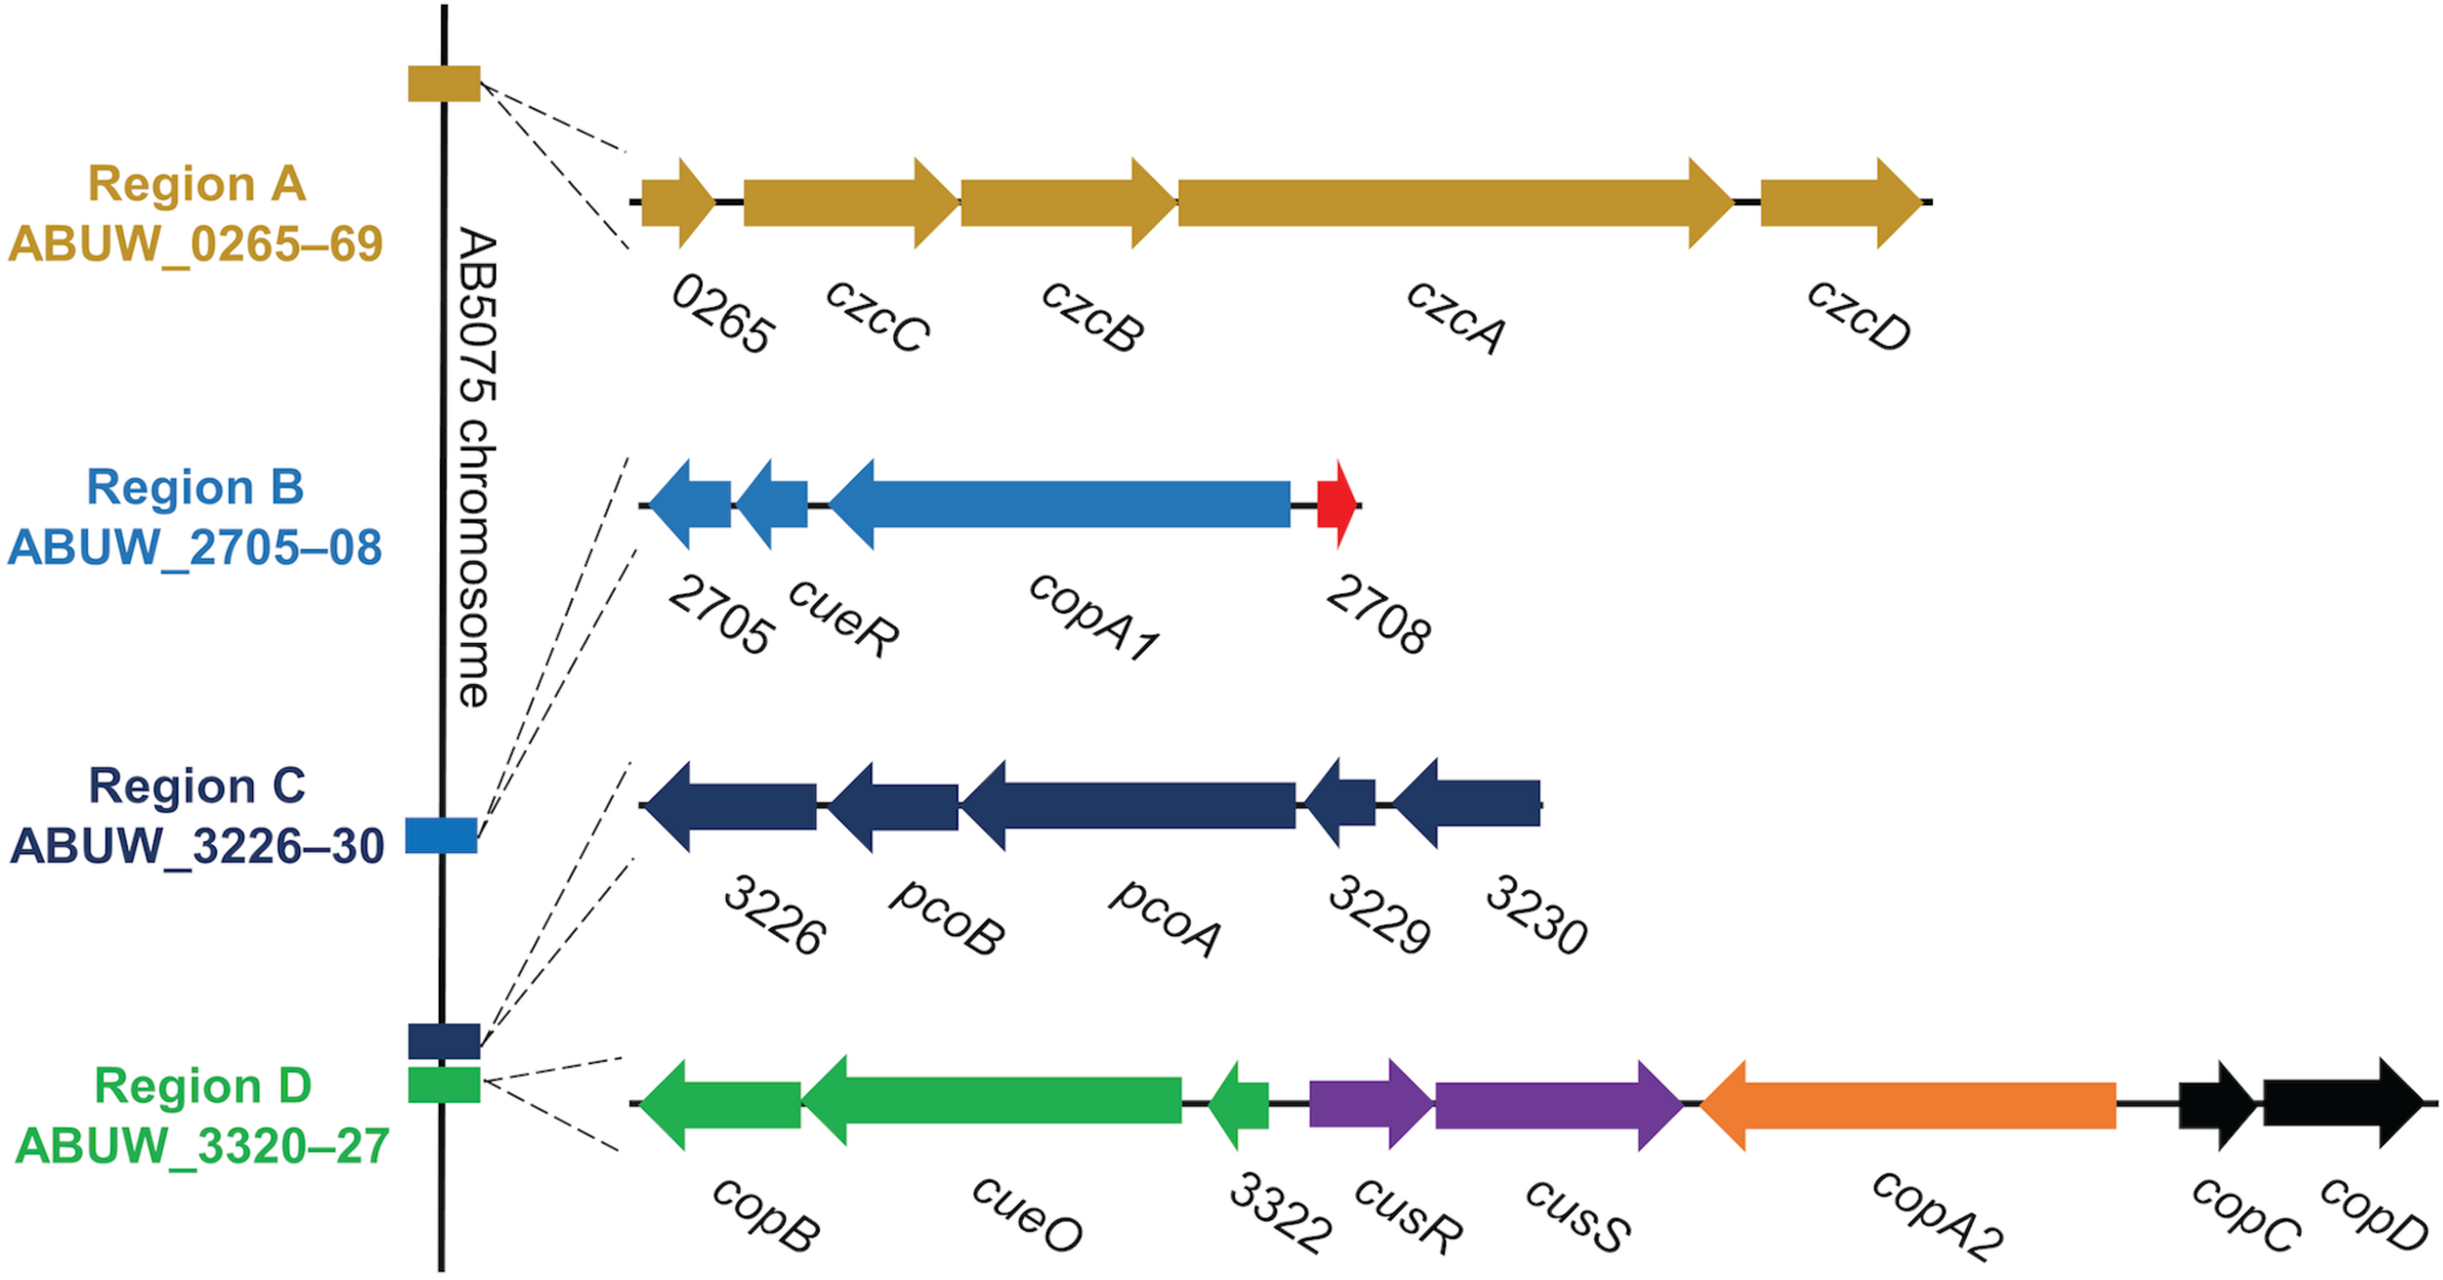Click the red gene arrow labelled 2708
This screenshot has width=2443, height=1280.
pos(1336,504)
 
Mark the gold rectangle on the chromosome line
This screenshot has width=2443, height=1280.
pos(444,84)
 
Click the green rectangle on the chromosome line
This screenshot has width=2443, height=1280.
pos(444,1085)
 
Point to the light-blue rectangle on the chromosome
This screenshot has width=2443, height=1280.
pos(442,835)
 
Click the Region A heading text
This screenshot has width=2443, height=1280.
pos(196,184)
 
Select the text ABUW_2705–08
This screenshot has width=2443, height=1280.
pos(194,547)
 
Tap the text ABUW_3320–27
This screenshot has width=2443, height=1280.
pos(202,1145)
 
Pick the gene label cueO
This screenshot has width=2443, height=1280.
pos(1026,1214)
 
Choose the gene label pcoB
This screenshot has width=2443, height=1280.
pos(945,916)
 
